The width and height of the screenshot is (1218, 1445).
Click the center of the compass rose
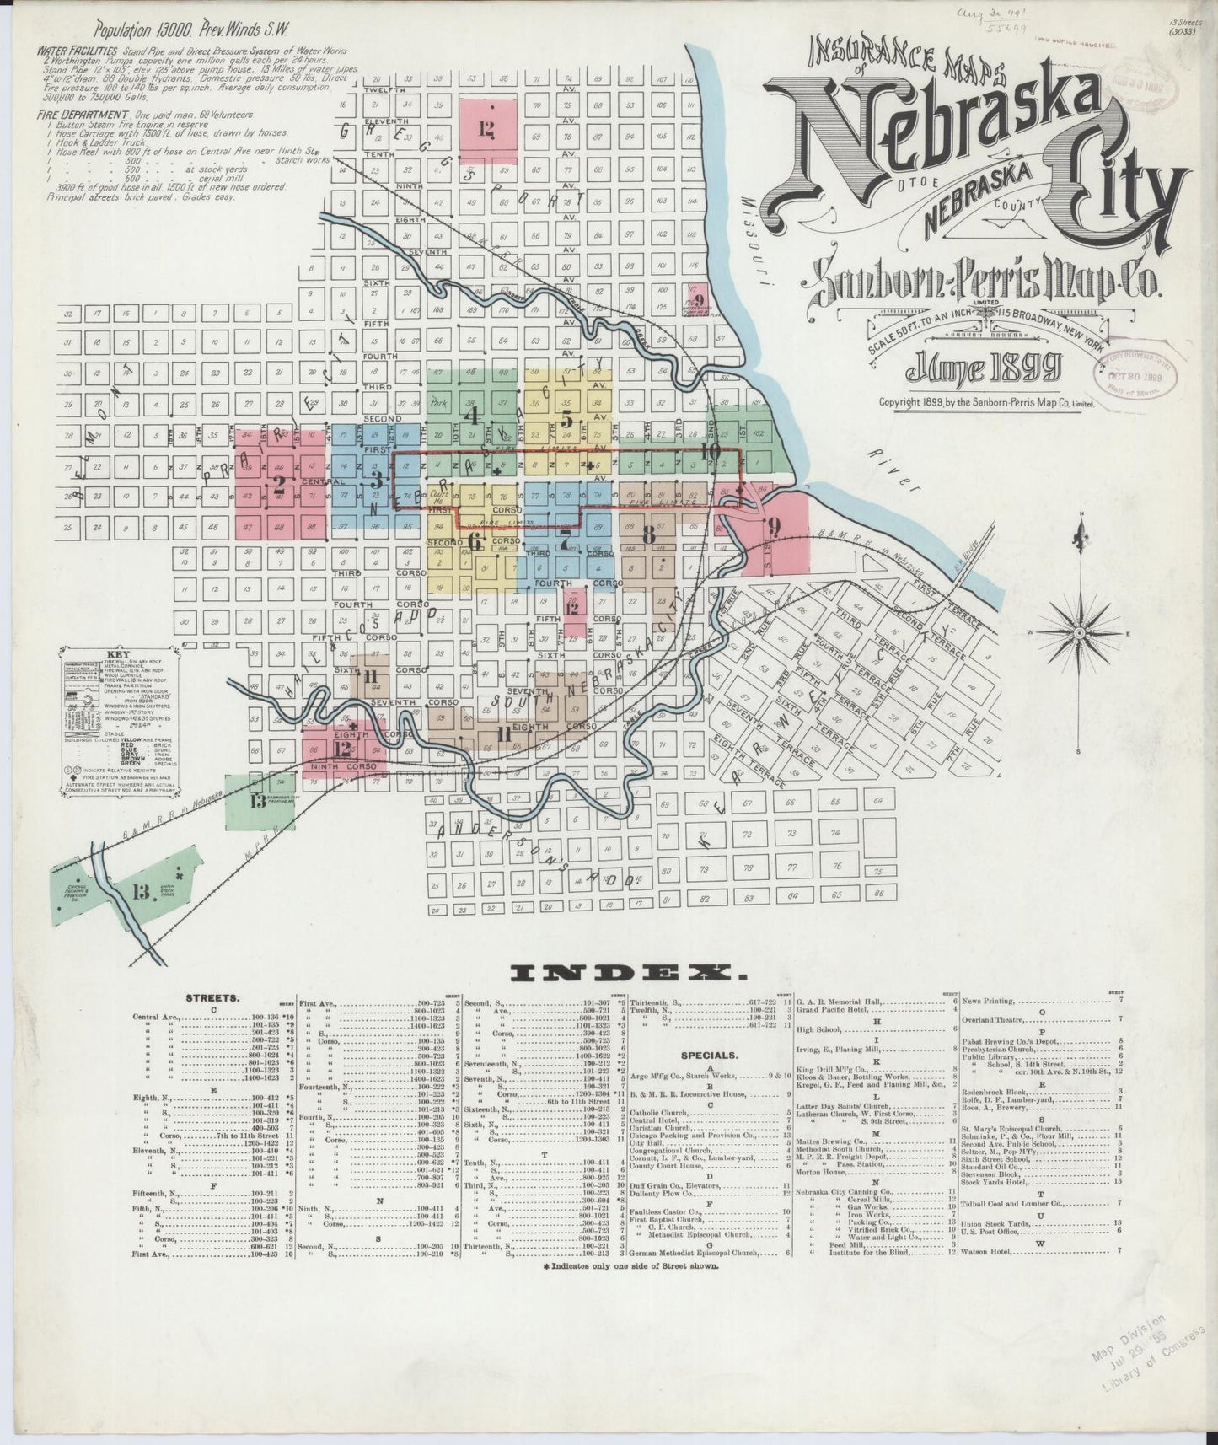(1081, 632)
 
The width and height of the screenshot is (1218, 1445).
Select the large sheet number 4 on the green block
(472, 416)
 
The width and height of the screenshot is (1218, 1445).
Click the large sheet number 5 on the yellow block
(566, 420)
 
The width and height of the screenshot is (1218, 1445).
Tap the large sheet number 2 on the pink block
(278, 484)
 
